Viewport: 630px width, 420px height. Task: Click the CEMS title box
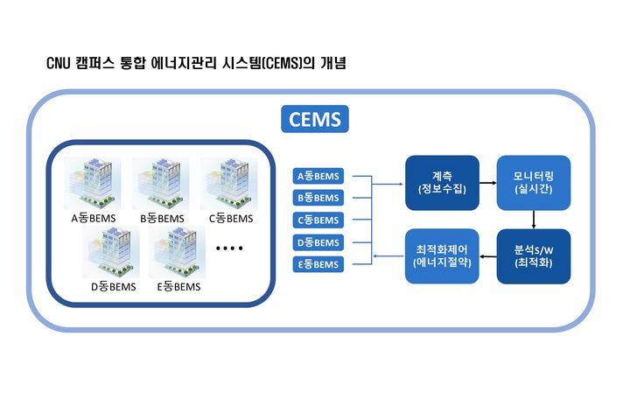[315, 118]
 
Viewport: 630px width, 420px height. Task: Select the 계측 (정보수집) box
[442, 183]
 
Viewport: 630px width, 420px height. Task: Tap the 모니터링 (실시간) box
[534, 183]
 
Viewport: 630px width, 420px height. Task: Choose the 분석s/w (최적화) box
[534, 256]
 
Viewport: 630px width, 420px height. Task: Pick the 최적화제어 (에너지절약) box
[442, 256]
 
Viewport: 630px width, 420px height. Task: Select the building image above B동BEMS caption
[161, 183]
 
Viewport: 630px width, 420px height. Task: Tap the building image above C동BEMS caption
[230, 183]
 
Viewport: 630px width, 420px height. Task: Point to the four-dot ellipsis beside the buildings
[228, 249]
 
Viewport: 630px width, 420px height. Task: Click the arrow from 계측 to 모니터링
[487, 183]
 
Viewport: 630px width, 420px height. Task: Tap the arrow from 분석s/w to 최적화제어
[488, 256]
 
